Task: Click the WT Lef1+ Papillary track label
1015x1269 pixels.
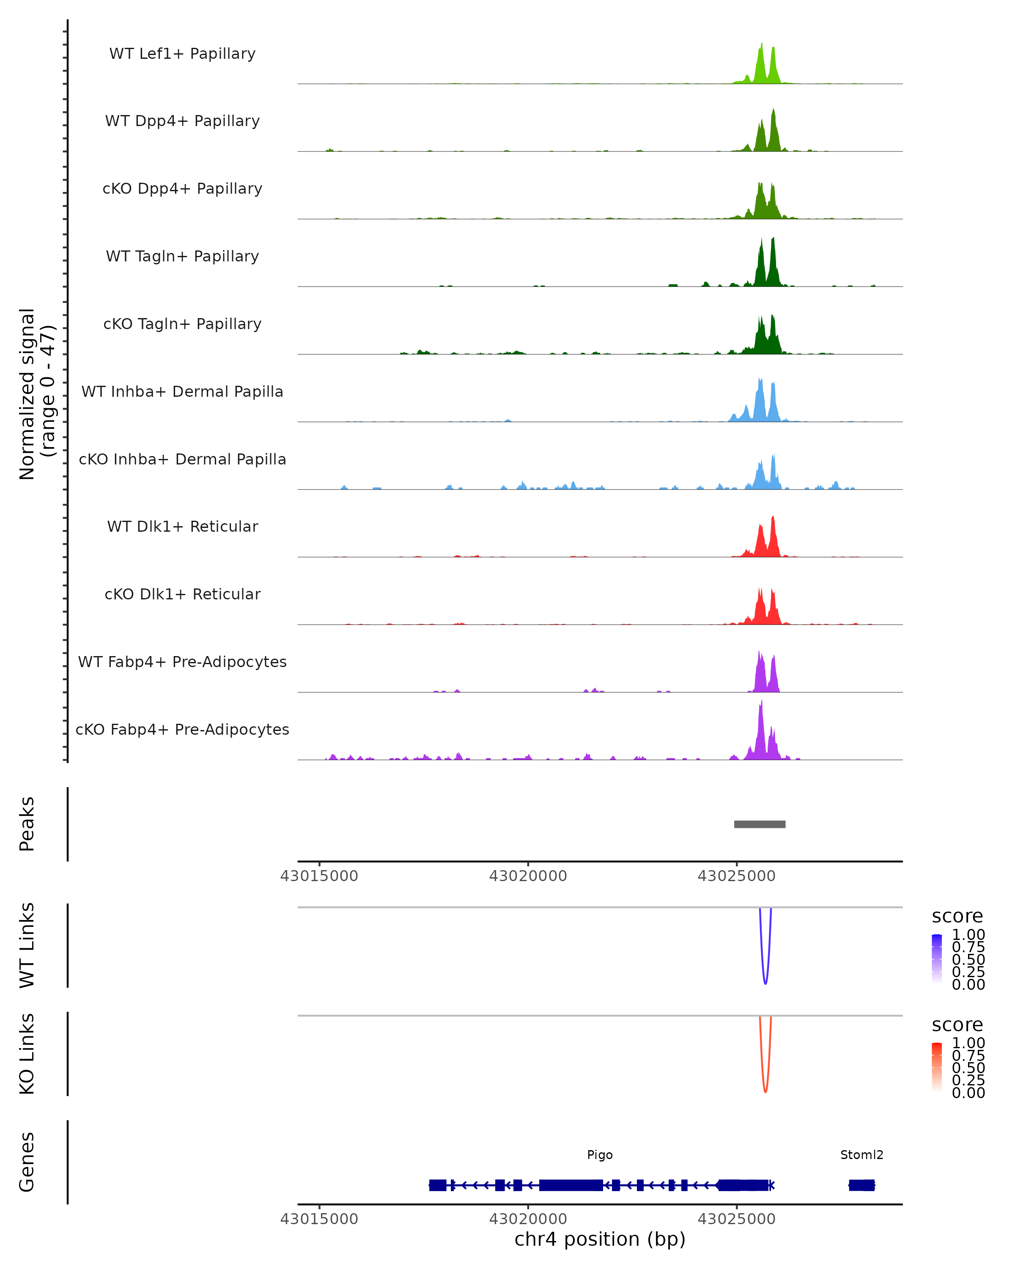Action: [x=182, y=54]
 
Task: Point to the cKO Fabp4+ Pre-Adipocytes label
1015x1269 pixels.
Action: [x=182, y=729]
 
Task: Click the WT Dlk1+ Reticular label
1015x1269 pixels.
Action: [x=182, y=526]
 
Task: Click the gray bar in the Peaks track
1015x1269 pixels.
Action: [x=760, y=824]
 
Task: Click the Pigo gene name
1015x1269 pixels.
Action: [x=600, y=1155]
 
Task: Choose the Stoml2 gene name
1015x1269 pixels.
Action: [x=861, y=1155]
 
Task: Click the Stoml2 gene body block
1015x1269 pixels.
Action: [x=861, y=1185]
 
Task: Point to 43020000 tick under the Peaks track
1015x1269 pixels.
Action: [x=528, y=876]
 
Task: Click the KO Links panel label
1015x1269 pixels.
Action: [x=27, y=1054]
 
